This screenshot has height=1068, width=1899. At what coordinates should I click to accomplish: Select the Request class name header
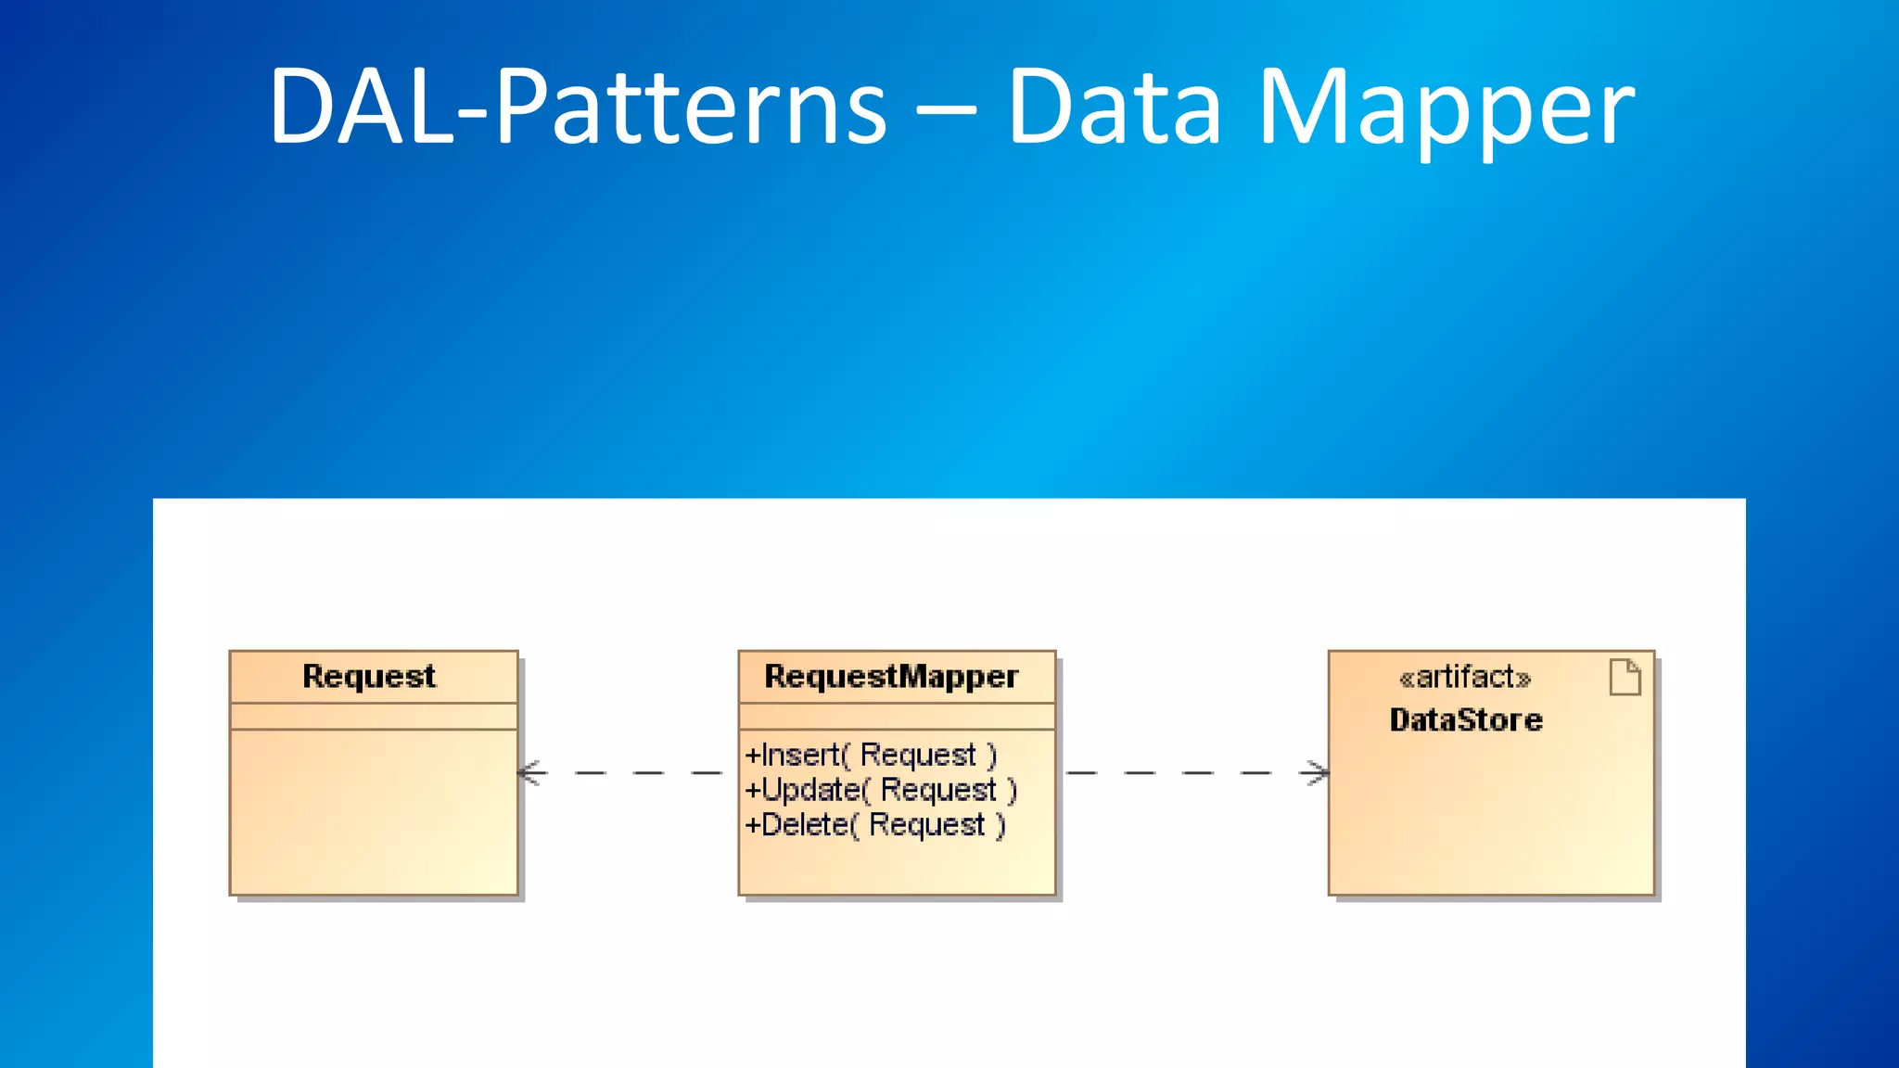tap(369, 677)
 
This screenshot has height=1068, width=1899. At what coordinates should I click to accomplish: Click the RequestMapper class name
tap(891, 677)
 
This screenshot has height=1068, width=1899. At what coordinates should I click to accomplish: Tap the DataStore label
tap(1466, 720)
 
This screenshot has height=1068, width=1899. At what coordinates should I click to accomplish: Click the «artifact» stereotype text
tap(1464, 678)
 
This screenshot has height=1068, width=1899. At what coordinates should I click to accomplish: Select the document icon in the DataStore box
tap(1625, 677)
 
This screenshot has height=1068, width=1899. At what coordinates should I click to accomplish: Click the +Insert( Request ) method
tap(871, 755)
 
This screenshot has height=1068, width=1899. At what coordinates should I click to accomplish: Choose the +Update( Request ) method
tap(881, 790)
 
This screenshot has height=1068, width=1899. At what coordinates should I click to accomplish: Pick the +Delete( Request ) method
tap(874, 825)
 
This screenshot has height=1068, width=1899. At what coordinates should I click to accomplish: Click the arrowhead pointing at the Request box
tap(529, 772)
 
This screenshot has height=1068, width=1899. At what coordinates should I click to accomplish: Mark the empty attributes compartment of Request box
tap(374, 716)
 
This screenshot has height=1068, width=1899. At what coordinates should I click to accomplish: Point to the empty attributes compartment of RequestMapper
tap(897, 716)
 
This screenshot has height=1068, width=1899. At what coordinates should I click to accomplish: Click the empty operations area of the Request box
tap(374, 811)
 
